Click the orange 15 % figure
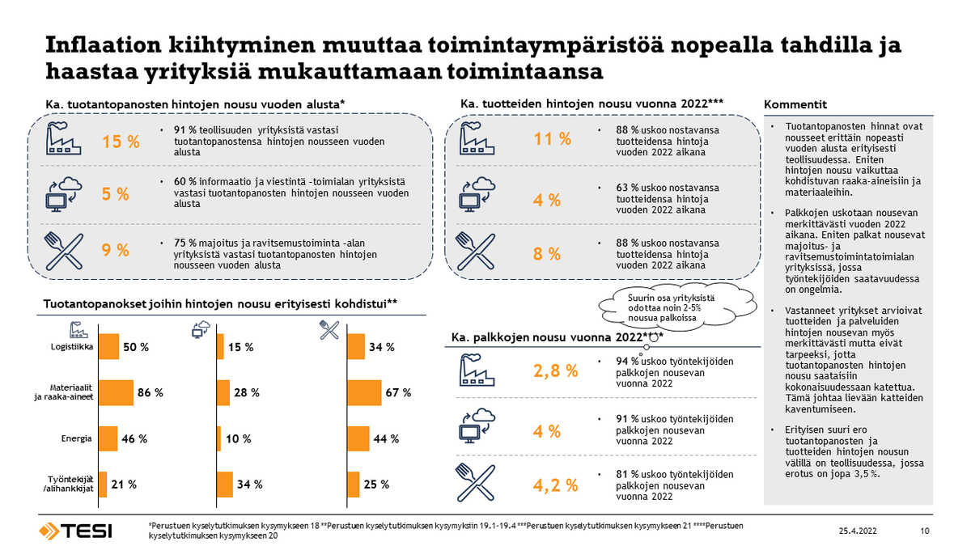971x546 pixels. coord(121,142)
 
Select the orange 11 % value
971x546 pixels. coord(553,139)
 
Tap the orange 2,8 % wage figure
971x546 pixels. coord(555,371)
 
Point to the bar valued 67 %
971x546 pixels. coord(364,392)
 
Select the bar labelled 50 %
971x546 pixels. coord(108,347)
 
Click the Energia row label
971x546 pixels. coord(77,438)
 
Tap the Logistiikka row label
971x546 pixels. coord(71,347)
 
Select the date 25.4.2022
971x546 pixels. coord(858,531)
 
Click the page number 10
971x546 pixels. coord(925,531)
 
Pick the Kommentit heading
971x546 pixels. coord(795,104)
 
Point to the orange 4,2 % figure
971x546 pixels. coord(555,485)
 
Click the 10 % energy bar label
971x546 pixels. coord(239,438)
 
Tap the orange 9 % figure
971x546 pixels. coord(115,250)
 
